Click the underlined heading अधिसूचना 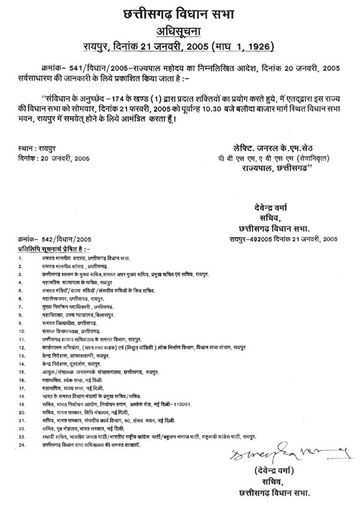[180, 32]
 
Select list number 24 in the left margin [21, 446]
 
